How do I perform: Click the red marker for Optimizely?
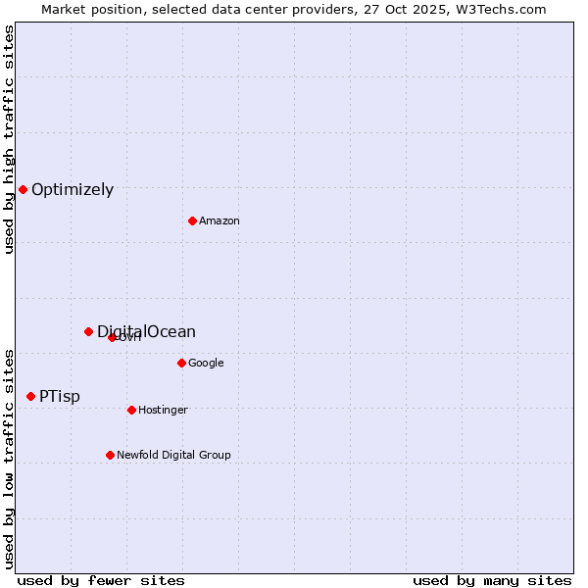[x=23, y=189]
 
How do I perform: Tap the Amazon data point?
[x=192, y=220]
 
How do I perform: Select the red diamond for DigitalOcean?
[x=88, y=331]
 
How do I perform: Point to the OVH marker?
[x=112, y=337]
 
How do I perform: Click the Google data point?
[x=181, y=363]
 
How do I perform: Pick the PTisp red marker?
[x=30, y=396]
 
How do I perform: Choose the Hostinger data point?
[x=131, y=410]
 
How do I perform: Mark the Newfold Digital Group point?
[x=110, y=455]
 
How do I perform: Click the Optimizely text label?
[x=73, y=190]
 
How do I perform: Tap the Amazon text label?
[x=220, y=221]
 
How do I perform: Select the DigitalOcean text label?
[x=147, y=331]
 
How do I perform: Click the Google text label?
[x=206, y=364]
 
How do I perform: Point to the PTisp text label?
[x=60, y=397]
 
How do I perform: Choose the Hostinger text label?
[x=163, y=411]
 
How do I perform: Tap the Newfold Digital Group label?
[x=173, y=456]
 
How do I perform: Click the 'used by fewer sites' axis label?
[x=101, y=580]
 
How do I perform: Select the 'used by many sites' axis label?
[x=492, y=580]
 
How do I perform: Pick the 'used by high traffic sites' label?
[x=9, y=139]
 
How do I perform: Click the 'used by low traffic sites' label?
[x=9, y=458]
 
